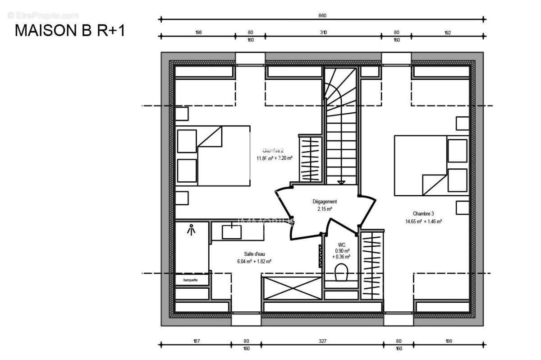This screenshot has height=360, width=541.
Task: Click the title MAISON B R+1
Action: coord(70,31)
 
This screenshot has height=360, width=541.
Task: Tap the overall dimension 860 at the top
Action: coord(322,15)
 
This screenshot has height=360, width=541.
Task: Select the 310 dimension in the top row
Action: coord(323,32)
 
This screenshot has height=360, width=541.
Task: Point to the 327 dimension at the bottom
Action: coord(322,341)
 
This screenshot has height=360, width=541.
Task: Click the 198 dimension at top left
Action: coord(198,32)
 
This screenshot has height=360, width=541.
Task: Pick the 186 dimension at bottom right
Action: coord(449,341)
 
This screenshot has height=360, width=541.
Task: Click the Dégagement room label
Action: coord(325,202)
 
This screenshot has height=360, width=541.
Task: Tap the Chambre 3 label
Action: coord(423,213)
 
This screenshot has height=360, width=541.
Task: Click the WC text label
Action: coord(341,245)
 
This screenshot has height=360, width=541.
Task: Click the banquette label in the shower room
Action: coord(190,280)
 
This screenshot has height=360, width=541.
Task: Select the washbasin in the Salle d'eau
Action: coord(232,232)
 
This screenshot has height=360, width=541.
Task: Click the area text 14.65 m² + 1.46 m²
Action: coord(423,222)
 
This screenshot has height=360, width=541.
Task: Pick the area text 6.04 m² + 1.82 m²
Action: coord(254,261)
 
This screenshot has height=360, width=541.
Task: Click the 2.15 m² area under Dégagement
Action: coord(325,209)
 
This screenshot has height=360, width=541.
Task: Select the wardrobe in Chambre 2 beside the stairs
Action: coord(310,158)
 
